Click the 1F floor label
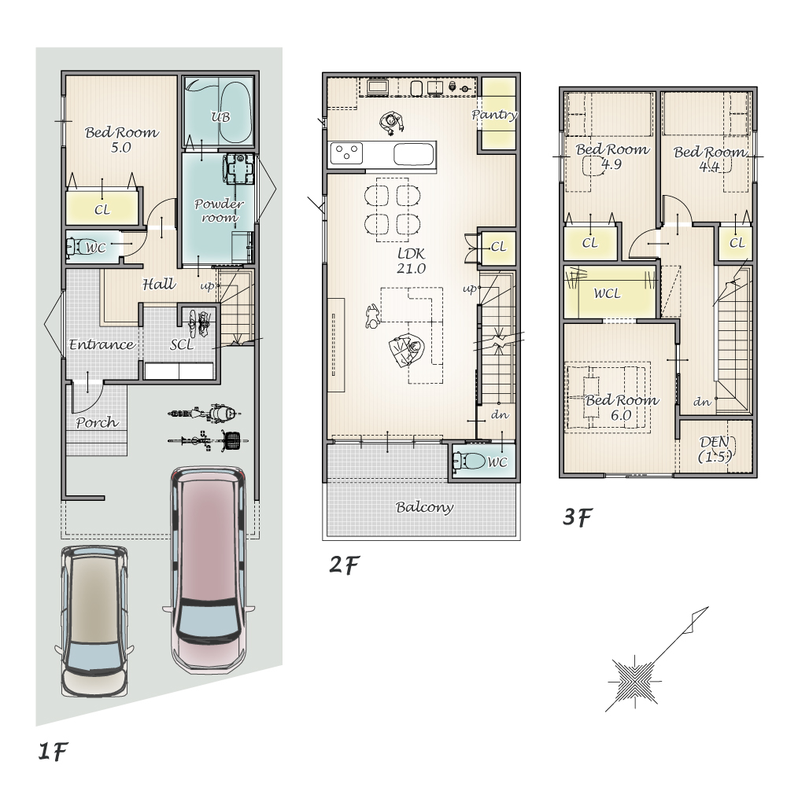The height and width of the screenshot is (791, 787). click(x=53, y=752)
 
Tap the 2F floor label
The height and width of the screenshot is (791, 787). click(x=344, y=565)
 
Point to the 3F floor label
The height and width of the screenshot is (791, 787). click(x=577, y=517)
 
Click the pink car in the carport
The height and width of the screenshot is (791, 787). click(x=209, y=569)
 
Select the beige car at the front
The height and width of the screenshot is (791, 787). click(x=94, y=621)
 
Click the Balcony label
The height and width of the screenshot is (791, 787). click(x=424, y=506)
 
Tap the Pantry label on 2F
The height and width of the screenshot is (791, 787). click(x=495, y=115)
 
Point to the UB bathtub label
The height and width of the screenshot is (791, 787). click(x=220, y=117)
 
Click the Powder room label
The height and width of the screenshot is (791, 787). click(x=219, y=211)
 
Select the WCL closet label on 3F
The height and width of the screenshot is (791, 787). click(x=607, y=293)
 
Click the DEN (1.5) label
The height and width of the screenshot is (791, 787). click(x=715, y=449)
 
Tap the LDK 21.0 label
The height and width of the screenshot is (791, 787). click(x=411, y=261)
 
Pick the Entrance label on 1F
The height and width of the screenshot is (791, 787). click(x=102, y=344)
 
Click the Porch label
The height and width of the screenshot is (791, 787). click(x=98, y=421)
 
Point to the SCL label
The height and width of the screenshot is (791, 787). click(x=182, y=344)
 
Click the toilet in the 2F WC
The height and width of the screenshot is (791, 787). click(x=468, y=461)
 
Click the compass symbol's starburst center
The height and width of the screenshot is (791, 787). click(x=634, y=681)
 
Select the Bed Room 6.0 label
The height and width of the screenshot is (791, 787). click(x=622, y=407)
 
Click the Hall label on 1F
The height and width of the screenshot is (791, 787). click(x=159, y=284)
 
